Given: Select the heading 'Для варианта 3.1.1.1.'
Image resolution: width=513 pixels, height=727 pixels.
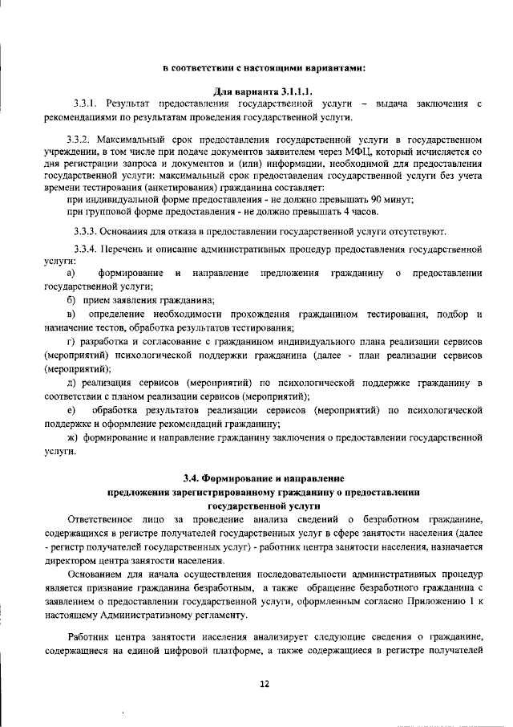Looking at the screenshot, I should click(263, 89).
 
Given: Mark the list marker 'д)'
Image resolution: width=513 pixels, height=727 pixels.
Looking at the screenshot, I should click(72, 384).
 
